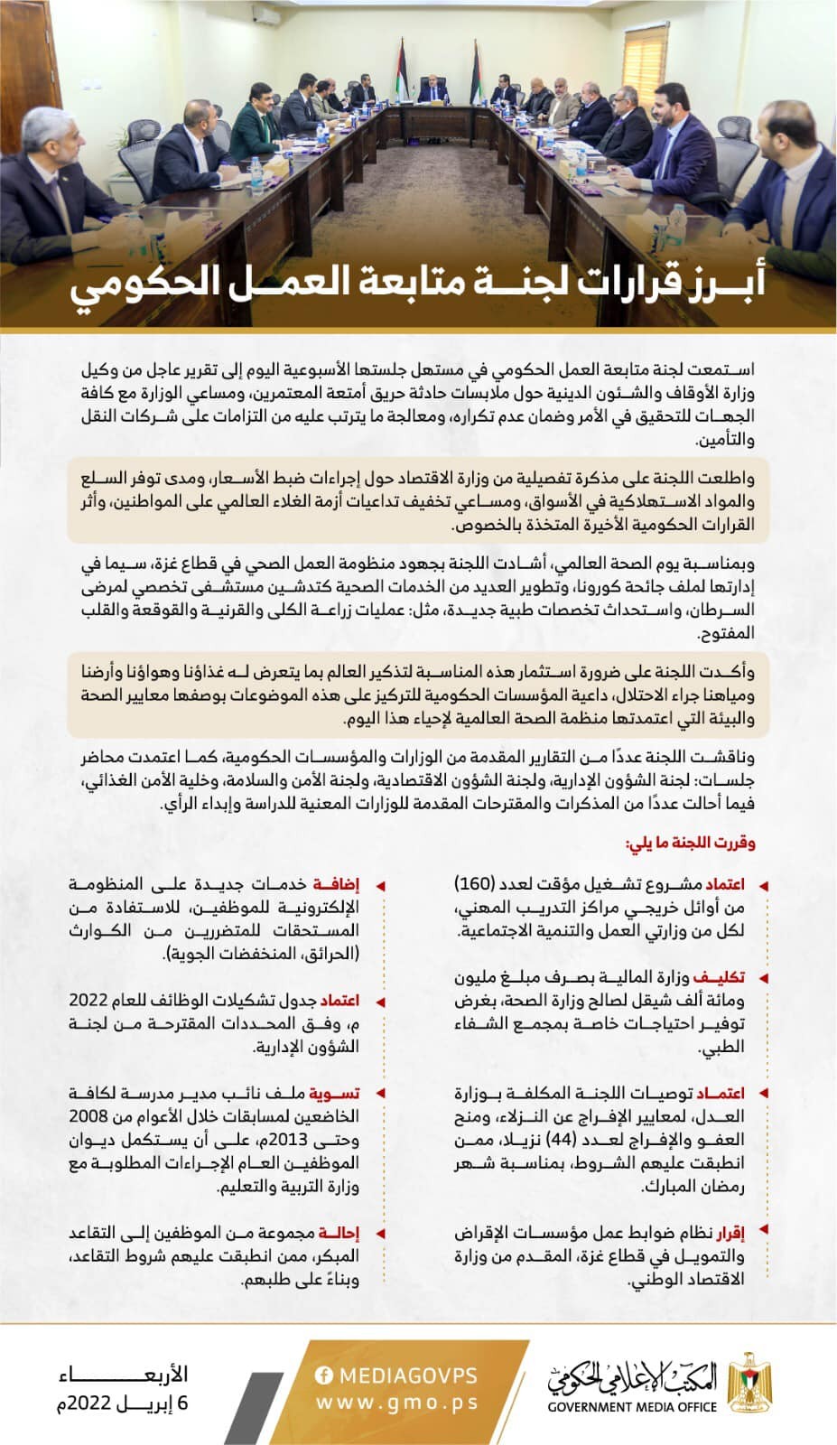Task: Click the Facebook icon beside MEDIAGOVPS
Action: (324, 1375)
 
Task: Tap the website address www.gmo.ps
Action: (397, 1403)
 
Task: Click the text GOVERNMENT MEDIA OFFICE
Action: (632, 1406)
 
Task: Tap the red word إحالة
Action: (339, 1233)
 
